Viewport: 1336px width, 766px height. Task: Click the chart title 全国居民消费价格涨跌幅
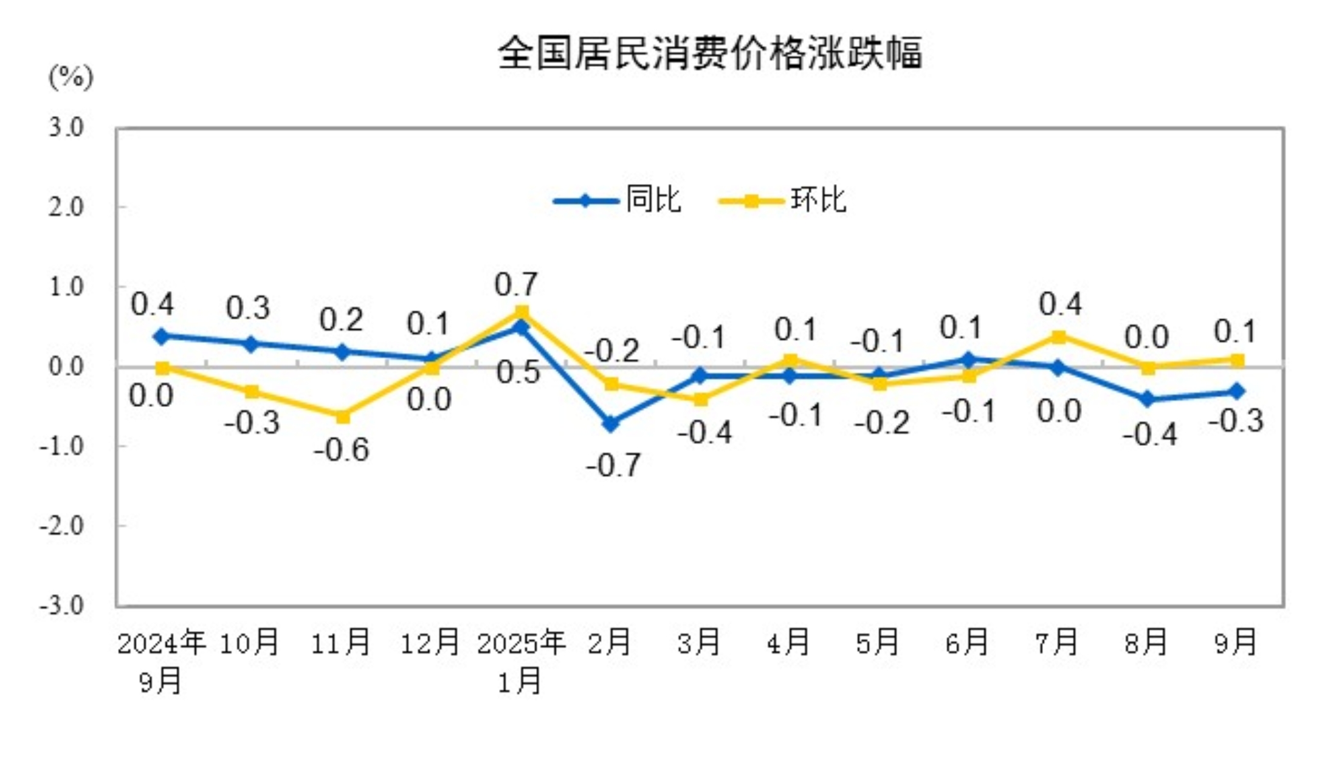pyautogui.click(x=710, y=53)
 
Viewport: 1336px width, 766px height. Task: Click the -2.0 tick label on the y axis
pyautogui.click(x=62, y=525)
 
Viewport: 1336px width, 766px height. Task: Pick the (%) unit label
pyautogui.click(x=71, y=77)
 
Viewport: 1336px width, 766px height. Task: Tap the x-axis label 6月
pyautogui.click(x=966, y=643)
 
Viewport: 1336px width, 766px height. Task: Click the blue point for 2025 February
pyautogui.click(x=611, y=423)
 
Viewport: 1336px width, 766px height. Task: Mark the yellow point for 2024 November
pyautogui.click(x=342, y=417)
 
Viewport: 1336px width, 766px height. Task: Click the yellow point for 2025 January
pyautogui.click(x=522, y=312)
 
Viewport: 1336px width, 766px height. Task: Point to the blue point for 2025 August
pyautogui.click(x=1148, y=399)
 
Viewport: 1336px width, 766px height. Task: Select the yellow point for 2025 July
pyautogui.click(x=1058, y=337)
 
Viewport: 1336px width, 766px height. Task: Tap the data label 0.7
pyautogui.click(x=516, y=284)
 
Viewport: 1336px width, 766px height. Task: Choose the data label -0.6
pyautogui.click(x=341, y=450)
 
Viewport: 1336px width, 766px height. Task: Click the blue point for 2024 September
pyautogui.click(x=162, y=336)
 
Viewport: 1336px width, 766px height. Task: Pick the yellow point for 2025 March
pyautogui.click(x=700, y=399)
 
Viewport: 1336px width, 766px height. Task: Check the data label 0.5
pyautogui.click(x=518, y=372)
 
